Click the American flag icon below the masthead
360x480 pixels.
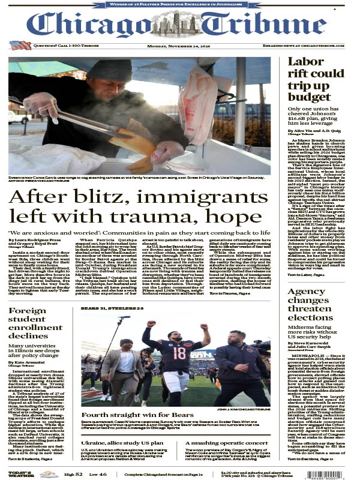click(x=20, y=45)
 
